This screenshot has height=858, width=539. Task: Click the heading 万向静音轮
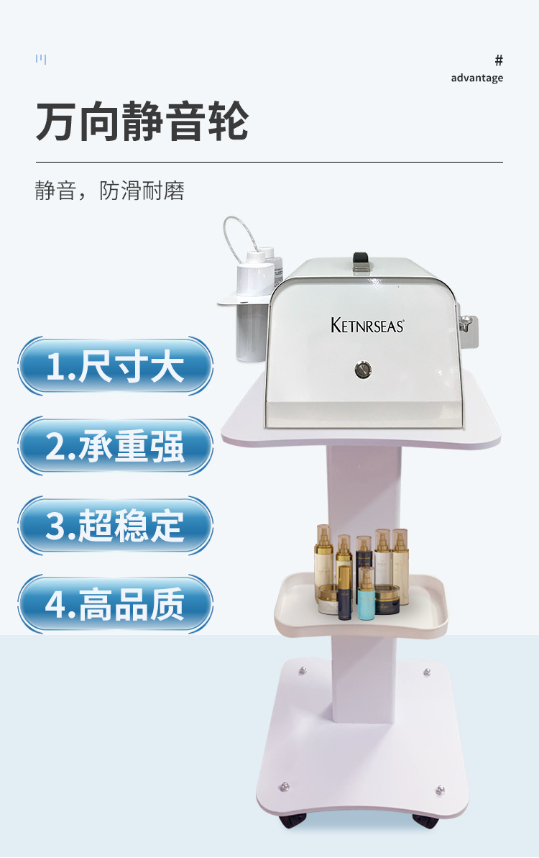pos(142,122)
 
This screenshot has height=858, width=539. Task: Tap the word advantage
pos(476,78)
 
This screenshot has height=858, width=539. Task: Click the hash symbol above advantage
pos(499,60)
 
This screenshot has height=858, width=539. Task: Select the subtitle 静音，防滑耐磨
pos(109,191)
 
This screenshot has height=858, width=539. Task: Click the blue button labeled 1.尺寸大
pos(115,366)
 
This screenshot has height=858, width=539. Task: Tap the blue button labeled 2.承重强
pos(115,446)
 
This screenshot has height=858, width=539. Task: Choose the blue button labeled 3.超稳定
pos(115,525)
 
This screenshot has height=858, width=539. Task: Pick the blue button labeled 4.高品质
pos(115,604)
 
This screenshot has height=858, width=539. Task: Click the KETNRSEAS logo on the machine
pos(367,325)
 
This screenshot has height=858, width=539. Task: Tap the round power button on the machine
pos(363,370)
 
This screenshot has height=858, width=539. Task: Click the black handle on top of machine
pos(361,259)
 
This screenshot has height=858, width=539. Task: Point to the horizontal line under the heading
pos(269,162)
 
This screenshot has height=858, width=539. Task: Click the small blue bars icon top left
pos(41,59)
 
